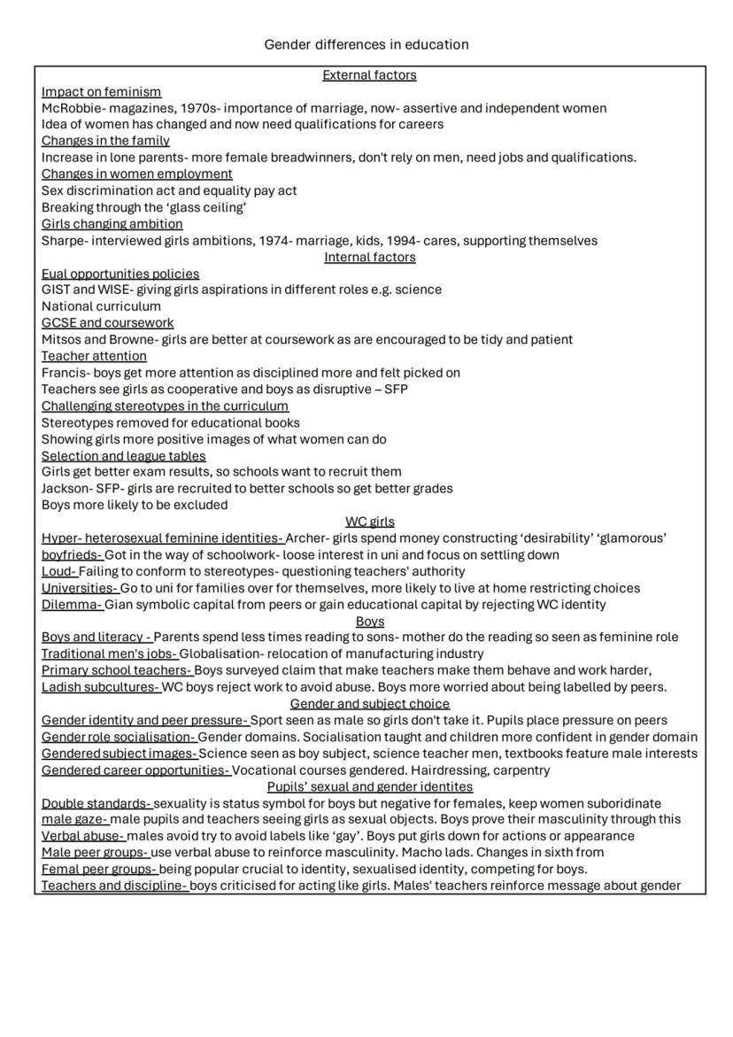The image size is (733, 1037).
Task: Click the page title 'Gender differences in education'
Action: tap(366, 44)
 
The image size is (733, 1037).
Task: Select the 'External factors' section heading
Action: tap(369, 75)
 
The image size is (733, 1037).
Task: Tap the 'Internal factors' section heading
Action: tap(369, 257)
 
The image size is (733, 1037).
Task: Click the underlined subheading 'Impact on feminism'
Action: tap(101, 91)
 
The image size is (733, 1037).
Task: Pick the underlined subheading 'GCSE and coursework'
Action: tap(107, 322)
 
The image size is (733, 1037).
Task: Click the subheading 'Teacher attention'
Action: tap(94, 356)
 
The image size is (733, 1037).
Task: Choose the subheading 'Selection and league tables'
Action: tap(123, 455)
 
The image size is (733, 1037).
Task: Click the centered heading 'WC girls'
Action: tap(369, 522)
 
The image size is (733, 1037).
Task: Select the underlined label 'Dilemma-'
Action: tap(72, 605)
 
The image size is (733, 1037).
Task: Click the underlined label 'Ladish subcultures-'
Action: tap(101, 686)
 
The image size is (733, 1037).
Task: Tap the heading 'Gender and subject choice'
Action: tap(369, 704)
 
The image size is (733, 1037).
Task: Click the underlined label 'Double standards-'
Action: tap(96, 803)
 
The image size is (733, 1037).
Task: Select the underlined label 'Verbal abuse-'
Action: tap(83, 836)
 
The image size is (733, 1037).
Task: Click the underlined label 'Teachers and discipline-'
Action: tap(114, 886)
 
